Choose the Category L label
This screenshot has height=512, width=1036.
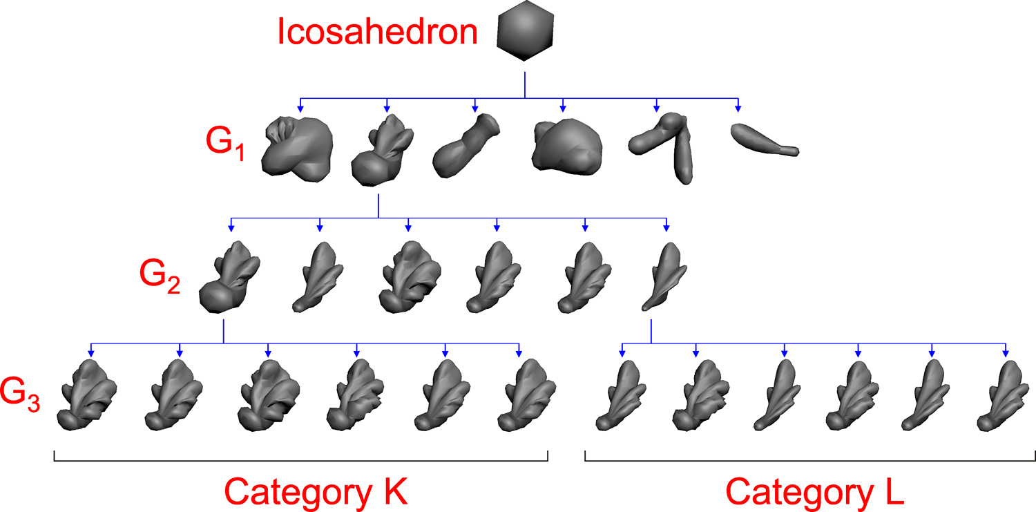tap(815, 492)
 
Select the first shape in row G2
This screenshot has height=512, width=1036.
tap(229, 276)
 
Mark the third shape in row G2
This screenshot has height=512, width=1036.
tap(407, 276)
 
